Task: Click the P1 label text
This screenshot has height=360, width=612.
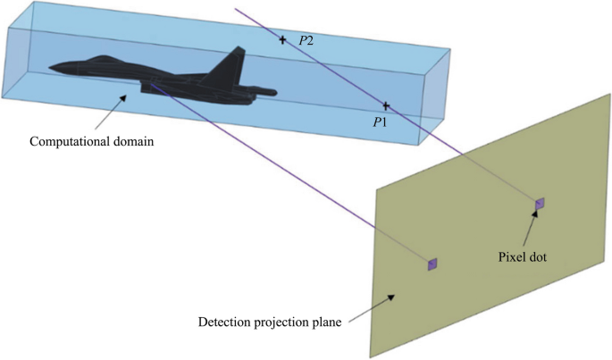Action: [379, 121]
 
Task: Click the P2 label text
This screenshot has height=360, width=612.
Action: [306, 40]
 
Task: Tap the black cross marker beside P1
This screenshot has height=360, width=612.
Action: [386, 106]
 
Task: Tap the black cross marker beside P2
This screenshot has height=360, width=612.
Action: [283, 39]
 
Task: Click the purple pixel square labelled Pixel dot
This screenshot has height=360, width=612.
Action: [539, 205]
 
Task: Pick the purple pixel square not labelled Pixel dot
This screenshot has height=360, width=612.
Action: [432, 264]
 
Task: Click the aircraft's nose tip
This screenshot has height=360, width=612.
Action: [50, 68]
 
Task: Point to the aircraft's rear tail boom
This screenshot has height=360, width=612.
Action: [264, 90]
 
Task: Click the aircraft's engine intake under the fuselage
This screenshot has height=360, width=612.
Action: [152, 86]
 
